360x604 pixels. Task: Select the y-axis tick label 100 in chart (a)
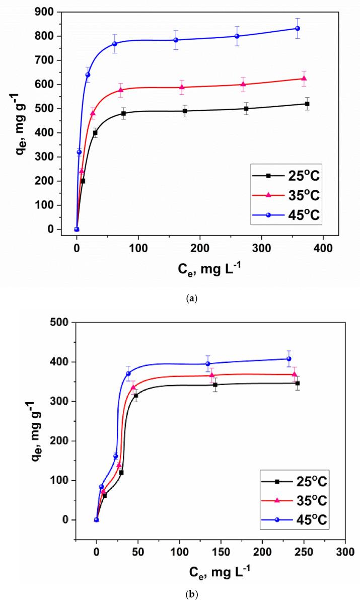pyautogui.click(x=59, y=205)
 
